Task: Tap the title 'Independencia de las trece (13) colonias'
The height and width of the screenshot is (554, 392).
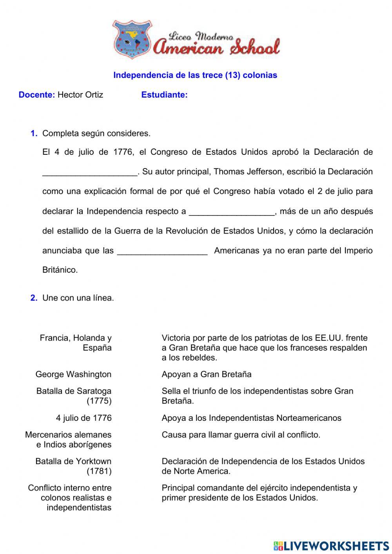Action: coord(195,75)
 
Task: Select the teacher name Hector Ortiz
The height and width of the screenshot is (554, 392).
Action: coord(80,95)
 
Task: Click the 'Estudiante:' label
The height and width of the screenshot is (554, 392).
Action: coord(164,95)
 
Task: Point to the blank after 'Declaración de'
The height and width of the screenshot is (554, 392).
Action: coord(90,173)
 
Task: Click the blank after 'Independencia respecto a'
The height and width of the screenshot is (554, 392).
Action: coord(232,212)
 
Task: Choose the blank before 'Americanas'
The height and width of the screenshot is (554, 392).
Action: coord(162,251)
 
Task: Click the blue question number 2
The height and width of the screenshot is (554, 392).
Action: coord(34,298)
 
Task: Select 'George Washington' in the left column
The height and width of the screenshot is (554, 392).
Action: coord(73,374)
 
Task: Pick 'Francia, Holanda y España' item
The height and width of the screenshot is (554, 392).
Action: coord(76,343)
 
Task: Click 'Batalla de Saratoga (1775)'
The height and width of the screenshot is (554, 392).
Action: coord(74,396)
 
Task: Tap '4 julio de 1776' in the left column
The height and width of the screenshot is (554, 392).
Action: coord(83,418)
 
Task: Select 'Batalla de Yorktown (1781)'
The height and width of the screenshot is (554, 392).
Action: coord(74,466)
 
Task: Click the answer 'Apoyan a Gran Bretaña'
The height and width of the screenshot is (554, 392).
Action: coord(207,374)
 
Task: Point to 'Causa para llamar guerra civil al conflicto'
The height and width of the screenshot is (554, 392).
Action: coord(241,435)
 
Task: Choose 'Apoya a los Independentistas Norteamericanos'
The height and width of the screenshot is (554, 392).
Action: coord(251,418)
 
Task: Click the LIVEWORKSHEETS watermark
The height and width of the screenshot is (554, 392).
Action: coord(331,546)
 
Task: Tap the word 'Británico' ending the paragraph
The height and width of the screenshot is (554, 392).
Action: coord(60,270)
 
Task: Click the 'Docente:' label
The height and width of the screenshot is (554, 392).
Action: coord(37,95)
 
